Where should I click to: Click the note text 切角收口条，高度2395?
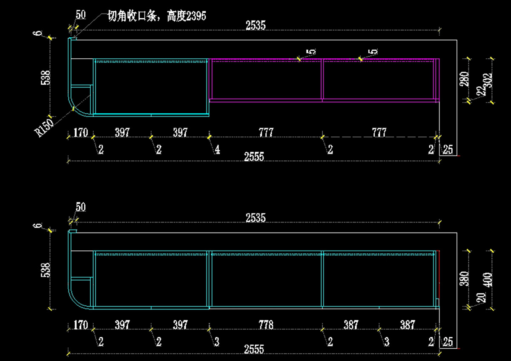(x=156, y=17)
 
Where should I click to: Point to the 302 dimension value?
(x=488, y=80)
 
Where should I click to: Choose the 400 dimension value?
(x=488, y=279)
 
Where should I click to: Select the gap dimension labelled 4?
(x=217, y=150)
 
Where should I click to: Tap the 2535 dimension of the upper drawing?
(x=255, y=26)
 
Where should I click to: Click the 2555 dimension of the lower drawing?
(x=254, y=350)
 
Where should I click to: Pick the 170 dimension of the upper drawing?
(x=80, y=133)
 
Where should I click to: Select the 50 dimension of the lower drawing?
(x=80, y=207)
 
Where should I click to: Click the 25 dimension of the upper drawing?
(x=448, y=149)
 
